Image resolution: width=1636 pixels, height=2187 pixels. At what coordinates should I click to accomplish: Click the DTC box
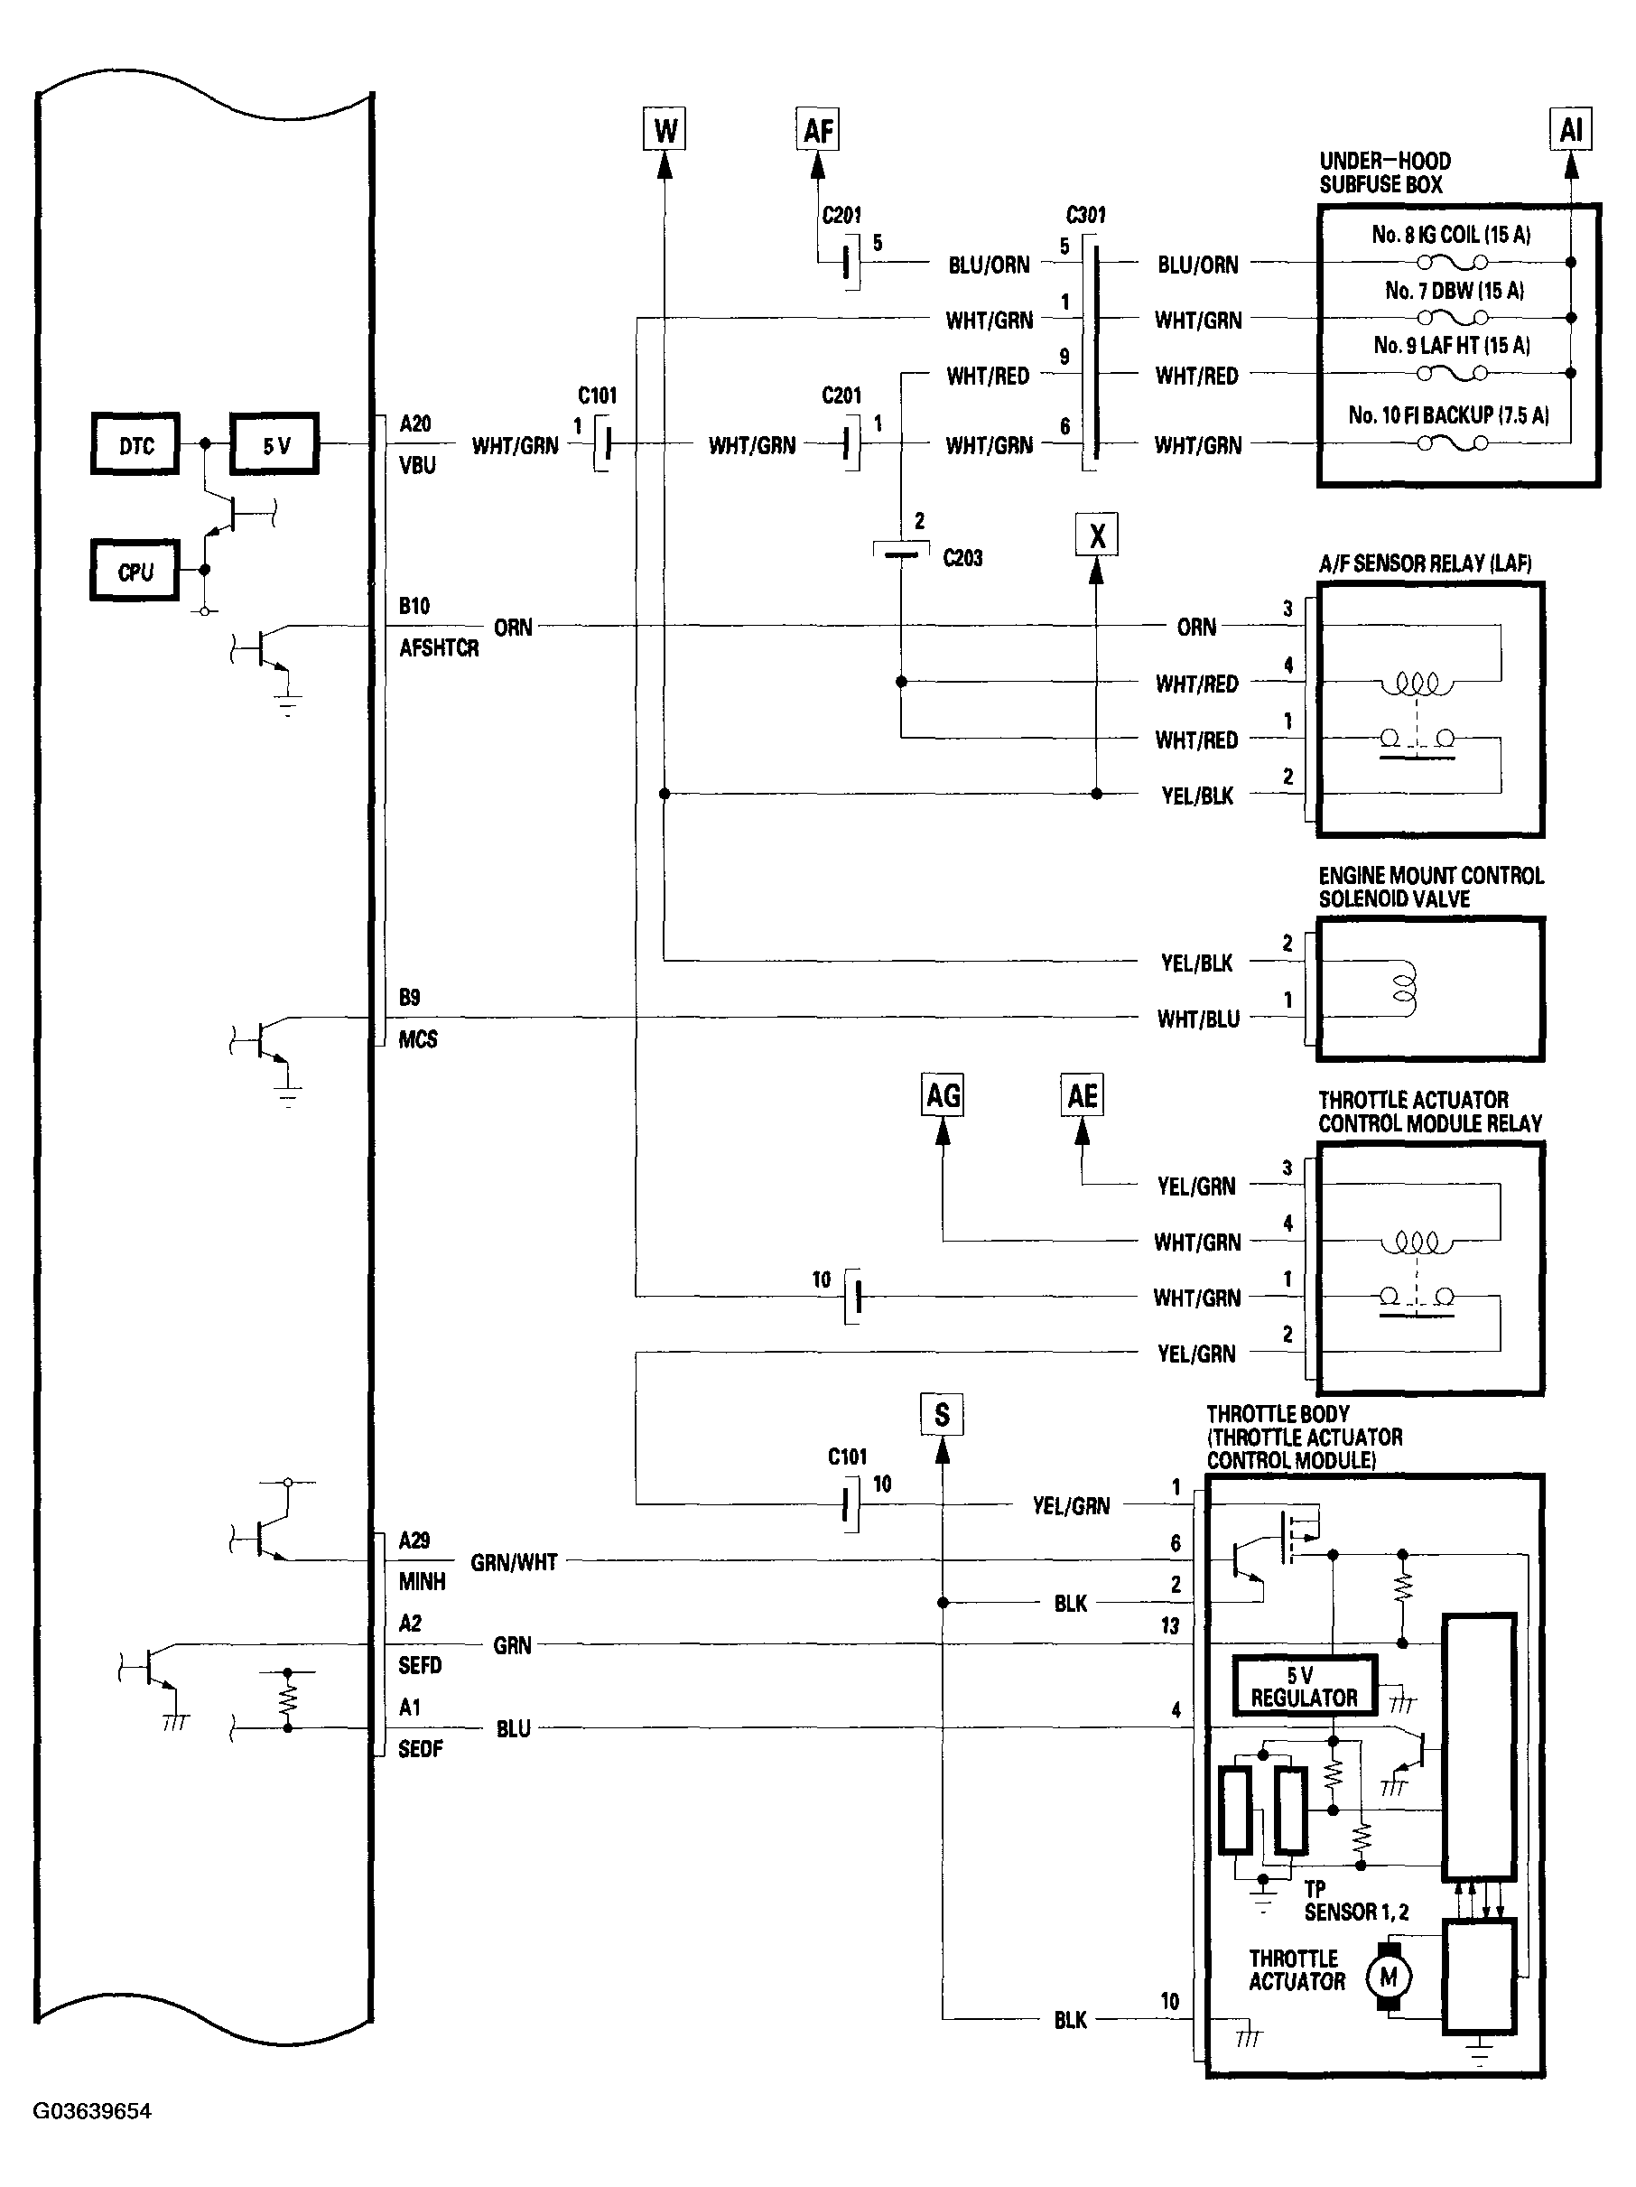tap(135, 445)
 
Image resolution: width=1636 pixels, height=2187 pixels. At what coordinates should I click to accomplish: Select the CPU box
tap(135, 572)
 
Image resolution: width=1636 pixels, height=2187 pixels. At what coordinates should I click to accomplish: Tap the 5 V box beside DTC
tap(274, 445)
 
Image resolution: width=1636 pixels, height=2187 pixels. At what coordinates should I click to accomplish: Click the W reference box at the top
tap(665, 129)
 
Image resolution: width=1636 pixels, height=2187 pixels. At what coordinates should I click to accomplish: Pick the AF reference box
tap(817, 129)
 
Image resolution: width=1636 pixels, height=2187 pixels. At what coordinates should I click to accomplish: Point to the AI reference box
tap(1570, 129)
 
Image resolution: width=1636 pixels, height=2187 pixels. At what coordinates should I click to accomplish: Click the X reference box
tap(1096, 535)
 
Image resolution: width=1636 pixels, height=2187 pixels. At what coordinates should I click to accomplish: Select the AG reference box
tap(942, 1095)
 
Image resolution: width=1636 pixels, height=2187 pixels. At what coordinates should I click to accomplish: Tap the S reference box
tap(941, 1415)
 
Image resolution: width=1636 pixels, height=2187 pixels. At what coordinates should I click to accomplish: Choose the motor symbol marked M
tap(1389, 1978)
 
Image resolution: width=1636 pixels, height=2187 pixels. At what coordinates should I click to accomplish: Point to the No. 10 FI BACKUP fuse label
tap(1448, 415)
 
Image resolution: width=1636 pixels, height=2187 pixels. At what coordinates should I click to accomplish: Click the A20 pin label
tap(415, 424)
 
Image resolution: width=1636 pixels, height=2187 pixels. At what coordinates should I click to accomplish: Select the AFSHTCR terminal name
tap(439, 648)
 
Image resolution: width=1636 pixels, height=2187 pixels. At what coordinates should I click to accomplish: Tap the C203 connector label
tap(962, 559)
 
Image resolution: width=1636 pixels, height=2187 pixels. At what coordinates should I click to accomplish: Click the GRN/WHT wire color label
tap(514, 1562)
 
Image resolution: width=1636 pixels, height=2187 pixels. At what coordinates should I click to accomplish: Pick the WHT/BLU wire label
tap(1198, 1019)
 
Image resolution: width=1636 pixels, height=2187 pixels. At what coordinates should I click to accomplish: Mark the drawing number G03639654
tap(93, 2112)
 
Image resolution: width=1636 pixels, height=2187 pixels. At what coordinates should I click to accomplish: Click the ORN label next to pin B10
tap(513, 628)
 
